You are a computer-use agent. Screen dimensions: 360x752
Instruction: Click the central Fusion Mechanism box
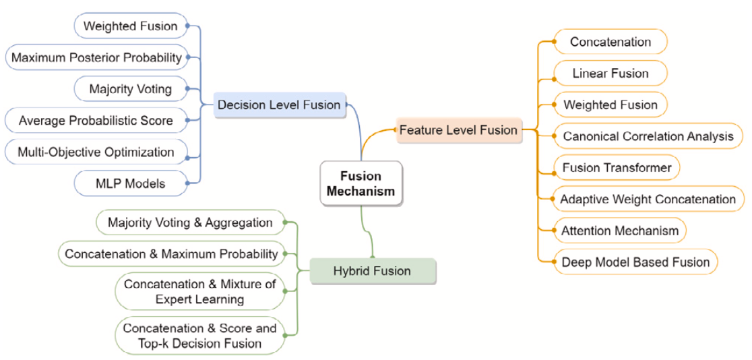(x=361, y=183)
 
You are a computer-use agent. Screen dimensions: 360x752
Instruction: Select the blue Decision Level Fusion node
(x=279, y=104)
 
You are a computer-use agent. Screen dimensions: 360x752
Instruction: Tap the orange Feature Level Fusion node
(x=458, y=129)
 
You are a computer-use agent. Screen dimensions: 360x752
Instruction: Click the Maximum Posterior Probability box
(x=97, y=58)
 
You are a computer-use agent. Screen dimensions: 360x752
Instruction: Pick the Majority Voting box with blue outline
(x=131, y=89)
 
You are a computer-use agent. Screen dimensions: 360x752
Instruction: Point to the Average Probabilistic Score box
(x=96, y=121)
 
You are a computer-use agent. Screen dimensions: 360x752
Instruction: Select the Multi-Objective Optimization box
(x=96, y=152)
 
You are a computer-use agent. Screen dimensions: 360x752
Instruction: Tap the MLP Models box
(x=130, y=183)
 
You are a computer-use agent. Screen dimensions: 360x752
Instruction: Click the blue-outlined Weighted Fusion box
(x=130, y=26)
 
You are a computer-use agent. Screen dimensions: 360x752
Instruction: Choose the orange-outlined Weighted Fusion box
(x=610, y=104)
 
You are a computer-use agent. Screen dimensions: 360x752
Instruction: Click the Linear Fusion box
(x=610, y=73)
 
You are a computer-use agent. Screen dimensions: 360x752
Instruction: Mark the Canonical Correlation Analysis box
(x=648, y=136)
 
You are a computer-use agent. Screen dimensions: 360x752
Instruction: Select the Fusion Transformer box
(x=617, y=167)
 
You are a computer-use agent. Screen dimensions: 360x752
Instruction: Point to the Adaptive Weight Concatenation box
(x=648, y=199)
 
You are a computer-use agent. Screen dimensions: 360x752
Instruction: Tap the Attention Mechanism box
(x=619, y=231)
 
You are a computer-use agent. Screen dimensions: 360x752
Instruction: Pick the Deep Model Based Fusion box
(x=635, y=262)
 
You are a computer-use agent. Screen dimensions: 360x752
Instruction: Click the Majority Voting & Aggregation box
(x=191, y=222)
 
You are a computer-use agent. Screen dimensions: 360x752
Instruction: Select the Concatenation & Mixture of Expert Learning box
(x=200, y=291)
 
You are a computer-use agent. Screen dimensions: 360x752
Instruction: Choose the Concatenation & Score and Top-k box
(x=199, y=336)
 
